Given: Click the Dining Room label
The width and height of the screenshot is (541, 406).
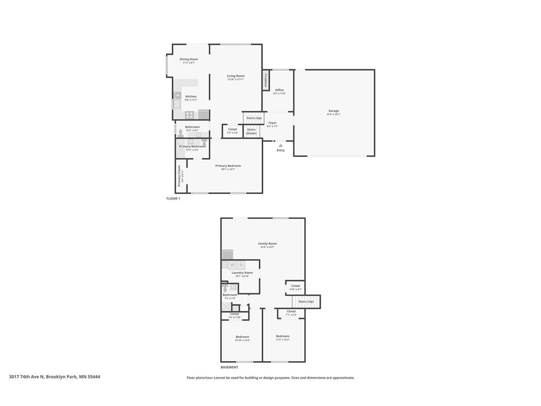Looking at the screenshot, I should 189,60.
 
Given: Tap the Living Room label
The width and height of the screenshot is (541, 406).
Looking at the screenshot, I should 236,76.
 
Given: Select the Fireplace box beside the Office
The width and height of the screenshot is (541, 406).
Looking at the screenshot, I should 266,80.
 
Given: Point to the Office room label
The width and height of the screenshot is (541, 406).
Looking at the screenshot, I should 279,90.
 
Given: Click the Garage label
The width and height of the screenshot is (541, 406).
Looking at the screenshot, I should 334,111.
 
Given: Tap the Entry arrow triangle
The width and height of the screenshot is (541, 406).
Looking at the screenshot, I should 281,145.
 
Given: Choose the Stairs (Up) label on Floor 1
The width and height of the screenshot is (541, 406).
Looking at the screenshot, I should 254,118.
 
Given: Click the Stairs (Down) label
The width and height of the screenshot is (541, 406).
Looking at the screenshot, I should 251,131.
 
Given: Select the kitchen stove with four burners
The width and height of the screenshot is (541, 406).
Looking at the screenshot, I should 189,115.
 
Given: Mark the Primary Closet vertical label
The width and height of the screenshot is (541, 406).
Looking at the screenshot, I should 179,176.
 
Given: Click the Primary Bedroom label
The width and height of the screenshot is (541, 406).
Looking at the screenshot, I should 228,166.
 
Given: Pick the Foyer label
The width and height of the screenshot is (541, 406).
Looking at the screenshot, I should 272,123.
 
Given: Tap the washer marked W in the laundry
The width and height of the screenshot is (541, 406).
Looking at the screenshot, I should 232,264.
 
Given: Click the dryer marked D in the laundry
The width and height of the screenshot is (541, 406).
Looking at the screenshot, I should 241,264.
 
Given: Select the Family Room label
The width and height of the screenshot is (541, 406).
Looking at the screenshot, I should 267,244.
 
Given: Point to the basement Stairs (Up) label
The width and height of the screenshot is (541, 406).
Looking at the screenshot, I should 306,302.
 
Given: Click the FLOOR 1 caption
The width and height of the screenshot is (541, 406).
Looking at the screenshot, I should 173,199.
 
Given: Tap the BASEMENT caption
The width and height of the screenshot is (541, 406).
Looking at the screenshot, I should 229,367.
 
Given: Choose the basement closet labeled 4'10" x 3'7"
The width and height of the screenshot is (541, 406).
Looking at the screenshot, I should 295,287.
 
